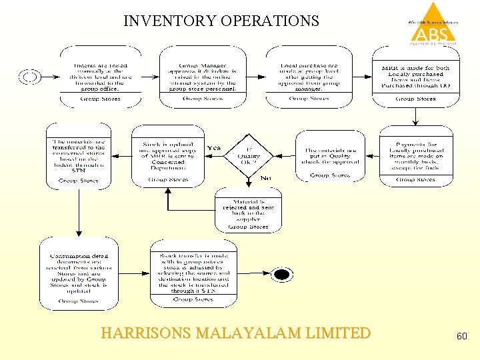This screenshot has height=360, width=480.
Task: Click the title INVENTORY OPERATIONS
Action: coord(221,21)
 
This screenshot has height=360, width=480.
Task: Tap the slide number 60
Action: coord(461,337)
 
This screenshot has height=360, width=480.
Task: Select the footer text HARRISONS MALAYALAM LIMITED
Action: coord(235,333)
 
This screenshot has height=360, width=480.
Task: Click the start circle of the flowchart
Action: coord(31,77)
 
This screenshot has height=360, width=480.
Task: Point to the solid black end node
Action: coord(282,275)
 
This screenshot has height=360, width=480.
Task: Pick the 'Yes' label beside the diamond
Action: coord(214,148)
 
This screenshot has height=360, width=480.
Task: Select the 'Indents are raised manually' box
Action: coord(101,76)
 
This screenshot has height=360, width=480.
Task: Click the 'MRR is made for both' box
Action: coord(415,76)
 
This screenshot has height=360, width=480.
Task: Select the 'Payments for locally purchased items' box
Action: coord(415,155)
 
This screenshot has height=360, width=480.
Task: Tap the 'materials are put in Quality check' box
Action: coord(331,155)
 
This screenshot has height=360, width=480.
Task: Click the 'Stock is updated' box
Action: coord(168,155)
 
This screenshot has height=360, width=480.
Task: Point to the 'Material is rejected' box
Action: coord(248,210)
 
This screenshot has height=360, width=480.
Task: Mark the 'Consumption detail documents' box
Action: coord(78,273)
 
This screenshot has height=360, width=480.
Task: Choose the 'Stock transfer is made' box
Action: coord(193,273)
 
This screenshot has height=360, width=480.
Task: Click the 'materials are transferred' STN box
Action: coord(78,155)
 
